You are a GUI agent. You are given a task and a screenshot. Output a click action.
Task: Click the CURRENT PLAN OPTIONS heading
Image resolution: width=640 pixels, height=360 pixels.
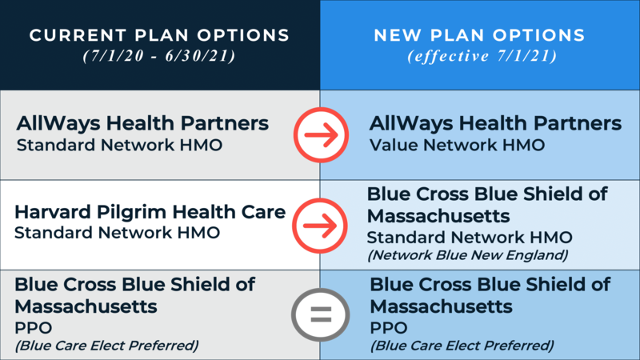[158, 36]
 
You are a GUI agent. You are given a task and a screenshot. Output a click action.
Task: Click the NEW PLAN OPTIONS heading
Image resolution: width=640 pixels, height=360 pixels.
[480, 36]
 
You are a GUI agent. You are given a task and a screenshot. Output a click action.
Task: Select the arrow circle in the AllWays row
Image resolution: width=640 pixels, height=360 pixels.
[319, 134]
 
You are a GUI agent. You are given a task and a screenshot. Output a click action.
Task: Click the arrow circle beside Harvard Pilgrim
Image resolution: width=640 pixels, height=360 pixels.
[319, 224]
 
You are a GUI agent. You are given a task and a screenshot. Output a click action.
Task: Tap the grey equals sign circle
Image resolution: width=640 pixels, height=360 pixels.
[319, 314]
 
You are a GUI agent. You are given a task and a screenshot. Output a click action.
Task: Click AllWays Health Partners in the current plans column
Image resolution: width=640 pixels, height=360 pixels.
[142, 125]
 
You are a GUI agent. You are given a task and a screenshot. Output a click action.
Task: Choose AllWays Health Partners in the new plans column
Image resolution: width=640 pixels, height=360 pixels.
[494, 125]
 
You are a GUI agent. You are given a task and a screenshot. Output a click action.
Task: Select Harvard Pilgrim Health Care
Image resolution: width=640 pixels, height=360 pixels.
[150, 214]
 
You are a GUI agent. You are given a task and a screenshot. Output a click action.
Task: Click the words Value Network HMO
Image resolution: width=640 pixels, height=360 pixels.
[457, 146]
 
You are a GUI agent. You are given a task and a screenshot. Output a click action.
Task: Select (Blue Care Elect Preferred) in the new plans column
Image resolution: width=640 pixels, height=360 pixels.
[462, 346]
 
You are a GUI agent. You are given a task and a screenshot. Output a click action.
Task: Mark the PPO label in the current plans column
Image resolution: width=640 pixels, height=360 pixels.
[34, 328]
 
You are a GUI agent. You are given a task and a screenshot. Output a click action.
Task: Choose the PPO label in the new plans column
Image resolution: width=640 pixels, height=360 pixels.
[388, 328]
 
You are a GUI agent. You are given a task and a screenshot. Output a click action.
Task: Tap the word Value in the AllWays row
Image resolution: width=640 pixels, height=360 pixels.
[391, 146]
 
